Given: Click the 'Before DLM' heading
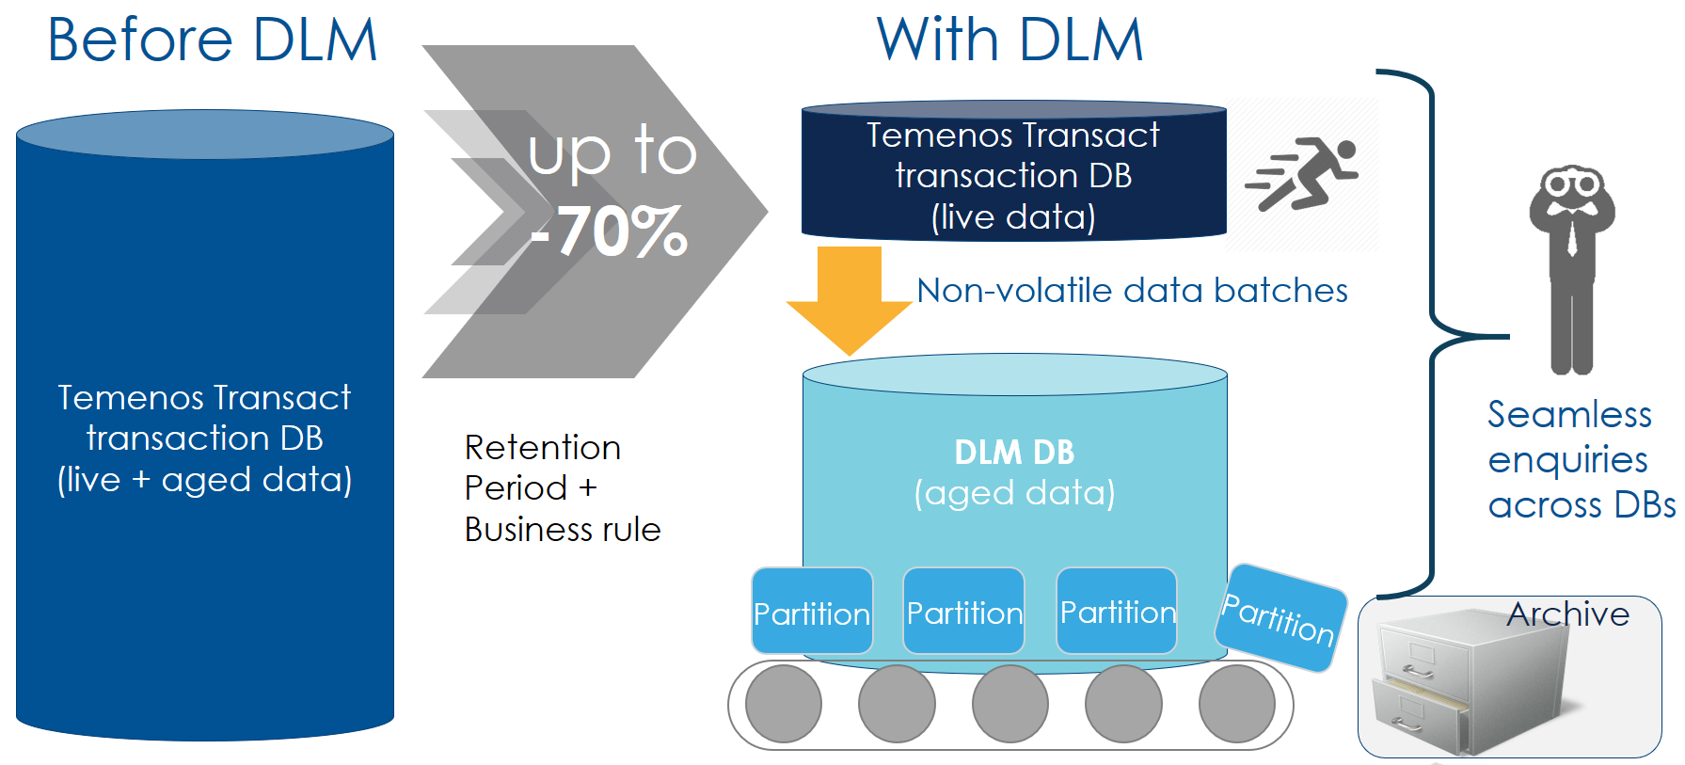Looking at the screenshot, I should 213,40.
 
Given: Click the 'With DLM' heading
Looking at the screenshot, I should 1009,40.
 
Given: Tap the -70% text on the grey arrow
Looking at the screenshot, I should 610,231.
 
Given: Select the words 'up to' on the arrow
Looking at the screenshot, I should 612,151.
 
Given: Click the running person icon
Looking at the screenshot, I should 1302,174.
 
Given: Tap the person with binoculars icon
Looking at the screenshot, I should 1571,268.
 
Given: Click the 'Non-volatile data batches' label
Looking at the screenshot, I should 1132,291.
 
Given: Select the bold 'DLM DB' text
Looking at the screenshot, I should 1014,453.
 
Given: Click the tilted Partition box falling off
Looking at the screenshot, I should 1280,617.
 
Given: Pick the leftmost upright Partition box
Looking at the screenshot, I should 812,612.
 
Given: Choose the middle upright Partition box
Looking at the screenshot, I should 963,612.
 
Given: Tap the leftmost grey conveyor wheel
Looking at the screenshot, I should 783,704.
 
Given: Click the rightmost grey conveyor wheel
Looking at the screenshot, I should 1236,704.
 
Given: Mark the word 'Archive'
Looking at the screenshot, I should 1567,614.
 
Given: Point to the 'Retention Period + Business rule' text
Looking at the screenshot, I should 562,488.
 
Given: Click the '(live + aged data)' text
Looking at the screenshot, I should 204,480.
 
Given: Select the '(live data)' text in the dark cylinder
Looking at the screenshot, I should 1013,217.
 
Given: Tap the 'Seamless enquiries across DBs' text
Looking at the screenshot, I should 1580,460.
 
